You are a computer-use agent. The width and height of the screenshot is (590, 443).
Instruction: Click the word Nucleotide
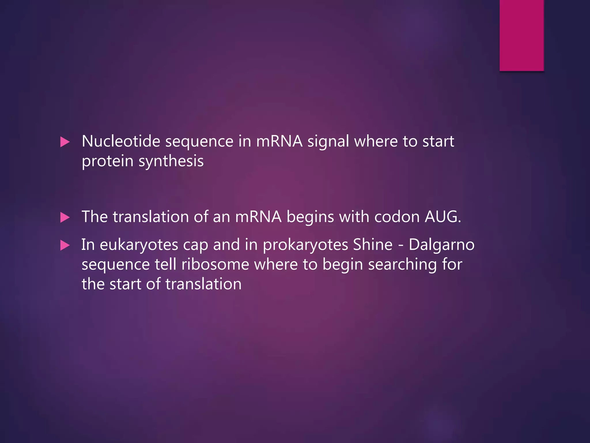(x=121, y=141)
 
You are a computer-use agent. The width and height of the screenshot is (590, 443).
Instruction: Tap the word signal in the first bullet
(x=328, y=142)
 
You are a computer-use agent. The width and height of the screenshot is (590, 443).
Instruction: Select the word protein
(x=107, y=162)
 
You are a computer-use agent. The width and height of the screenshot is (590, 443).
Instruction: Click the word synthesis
(x=171, y=162)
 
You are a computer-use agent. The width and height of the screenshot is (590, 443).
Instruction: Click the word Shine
(x=372, y=245)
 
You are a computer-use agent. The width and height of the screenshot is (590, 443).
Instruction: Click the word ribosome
(x=215, y=264)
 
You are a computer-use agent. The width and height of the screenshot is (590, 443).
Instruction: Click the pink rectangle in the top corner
(x=521, y=35)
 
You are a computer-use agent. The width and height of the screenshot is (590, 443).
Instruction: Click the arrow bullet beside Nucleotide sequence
(x=65, y=142)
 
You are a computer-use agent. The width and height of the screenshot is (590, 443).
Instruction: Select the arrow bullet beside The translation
(x=65, y=217)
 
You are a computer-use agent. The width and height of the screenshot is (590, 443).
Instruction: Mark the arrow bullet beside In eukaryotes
(x=65, y=245)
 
